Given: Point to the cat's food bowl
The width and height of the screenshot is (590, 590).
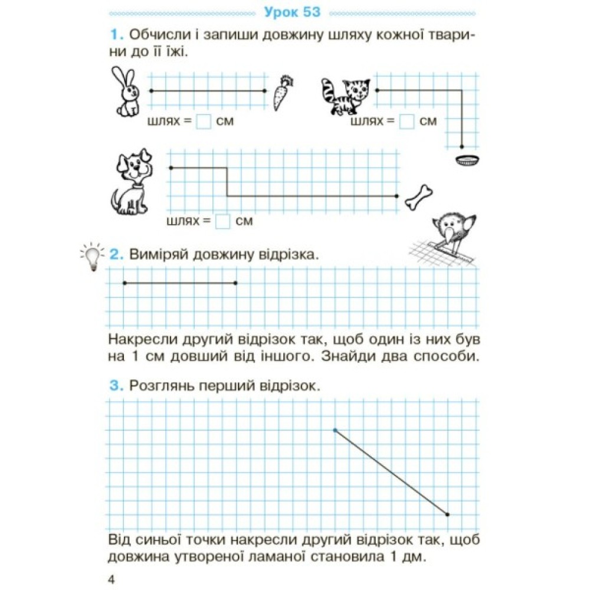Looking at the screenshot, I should (468, 160).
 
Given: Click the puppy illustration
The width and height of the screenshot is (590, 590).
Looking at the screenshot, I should (132, 183).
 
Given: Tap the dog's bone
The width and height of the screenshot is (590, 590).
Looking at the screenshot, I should (419, 197).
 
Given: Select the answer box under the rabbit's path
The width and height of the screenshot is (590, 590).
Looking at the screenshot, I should (204, 122).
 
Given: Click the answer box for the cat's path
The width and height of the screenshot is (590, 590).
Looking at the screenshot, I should (407, 122).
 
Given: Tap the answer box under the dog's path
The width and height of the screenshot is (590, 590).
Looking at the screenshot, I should (222, 221).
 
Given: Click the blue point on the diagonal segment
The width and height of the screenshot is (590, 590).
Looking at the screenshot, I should (335, 430).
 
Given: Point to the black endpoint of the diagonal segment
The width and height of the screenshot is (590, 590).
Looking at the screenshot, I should (448, 514).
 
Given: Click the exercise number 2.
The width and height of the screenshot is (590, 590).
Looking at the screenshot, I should (116, 255).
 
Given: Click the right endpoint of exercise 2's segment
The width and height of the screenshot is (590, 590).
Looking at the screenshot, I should (235, 283).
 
